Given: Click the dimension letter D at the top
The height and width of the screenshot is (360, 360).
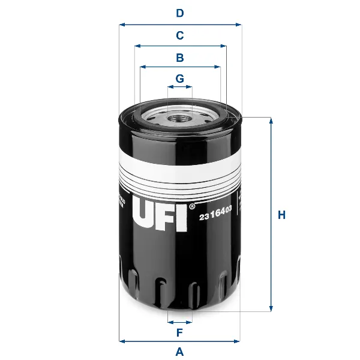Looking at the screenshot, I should (x=179, y=13).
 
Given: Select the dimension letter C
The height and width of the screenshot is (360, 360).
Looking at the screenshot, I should (x=179, y=35).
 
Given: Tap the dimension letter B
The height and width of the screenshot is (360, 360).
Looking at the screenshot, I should (x=179, y=58).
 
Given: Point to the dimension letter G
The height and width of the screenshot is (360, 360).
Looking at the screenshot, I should (x=179, y=79).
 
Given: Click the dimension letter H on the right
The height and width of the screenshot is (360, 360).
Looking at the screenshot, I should (x=281, y=215).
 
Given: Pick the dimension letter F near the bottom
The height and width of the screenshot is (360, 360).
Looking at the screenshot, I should (x=179, y=332).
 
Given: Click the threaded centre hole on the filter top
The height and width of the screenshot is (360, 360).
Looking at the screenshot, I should (x=180, y=118).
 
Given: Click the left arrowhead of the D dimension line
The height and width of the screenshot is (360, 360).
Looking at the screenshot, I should (x=122, y=25).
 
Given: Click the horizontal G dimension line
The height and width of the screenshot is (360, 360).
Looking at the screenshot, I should (x=180, y=87).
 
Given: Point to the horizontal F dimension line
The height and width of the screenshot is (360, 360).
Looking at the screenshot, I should (x=180, y=322).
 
